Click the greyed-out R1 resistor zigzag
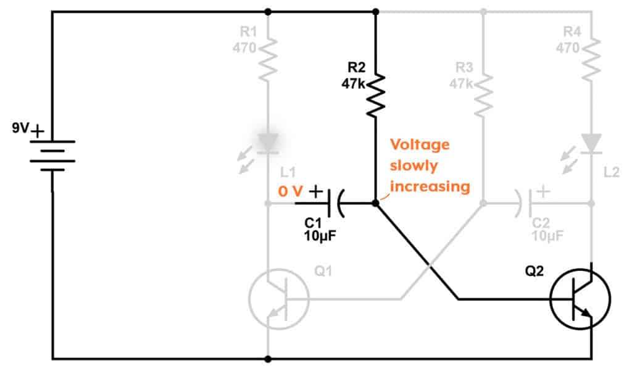267,59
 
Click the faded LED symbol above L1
267,143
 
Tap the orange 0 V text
290,192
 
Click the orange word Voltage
419,144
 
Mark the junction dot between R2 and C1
375,202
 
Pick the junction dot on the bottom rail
267,359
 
